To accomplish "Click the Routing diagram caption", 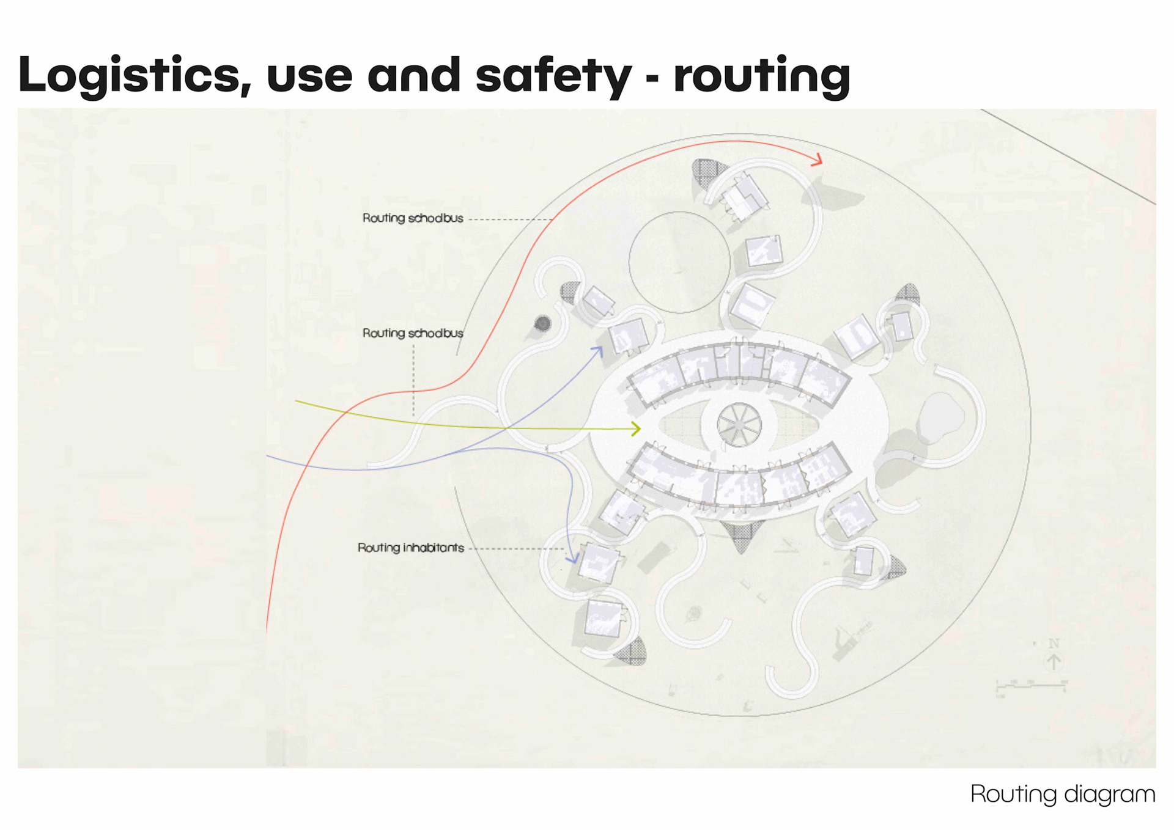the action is pos(1062,794).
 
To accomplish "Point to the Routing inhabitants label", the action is pos(410,548).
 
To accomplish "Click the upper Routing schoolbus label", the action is pos(413,218).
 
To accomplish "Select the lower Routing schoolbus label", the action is pos(413,333).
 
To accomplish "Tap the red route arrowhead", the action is pos(818,161).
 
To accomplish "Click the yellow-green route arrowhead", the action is pos(637,428).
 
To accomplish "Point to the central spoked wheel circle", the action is pos(739,424).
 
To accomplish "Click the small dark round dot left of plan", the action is pos(542,323).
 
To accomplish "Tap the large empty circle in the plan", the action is pos(679,262).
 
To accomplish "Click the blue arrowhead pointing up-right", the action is pos(599,351).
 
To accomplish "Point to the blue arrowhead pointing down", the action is pos(572,557).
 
